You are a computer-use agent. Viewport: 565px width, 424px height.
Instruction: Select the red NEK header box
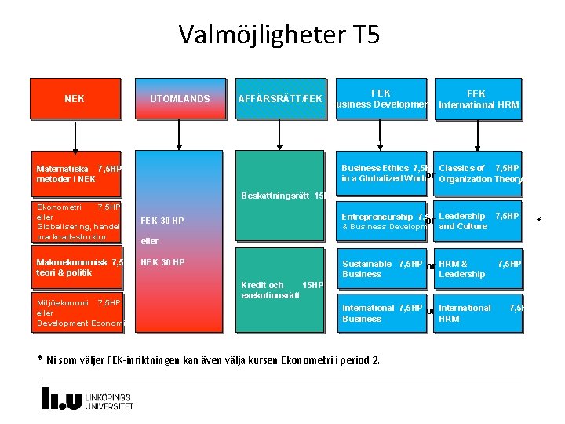75,99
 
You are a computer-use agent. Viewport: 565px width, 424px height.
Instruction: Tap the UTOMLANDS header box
180,99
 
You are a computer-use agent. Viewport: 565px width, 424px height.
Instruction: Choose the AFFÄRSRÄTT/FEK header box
280,99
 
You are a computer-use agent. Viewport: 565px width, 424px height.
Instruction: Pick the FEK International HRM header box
479,99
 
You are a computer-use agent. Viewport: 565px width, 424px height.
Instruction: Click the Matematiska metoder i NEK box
78,174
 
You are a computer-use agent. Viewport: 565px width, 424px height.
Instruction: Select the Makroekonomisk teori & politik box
78,267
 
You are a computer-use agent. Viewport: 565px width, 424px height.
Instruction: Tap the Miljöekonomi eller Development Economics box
78,313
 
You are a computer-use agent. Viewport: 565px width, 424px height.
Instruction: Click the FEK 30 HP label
162,221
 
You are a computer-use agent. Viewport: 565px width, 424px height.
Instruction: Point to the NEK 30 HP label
162,262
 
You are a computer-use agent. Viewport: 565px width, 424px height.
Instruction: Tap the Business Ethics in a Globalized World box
384,174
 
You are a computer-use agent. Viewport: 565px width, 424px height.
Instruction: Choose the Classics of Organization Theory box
479,174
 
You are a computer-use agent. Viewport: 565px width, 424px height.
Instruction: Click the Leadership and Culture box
479,221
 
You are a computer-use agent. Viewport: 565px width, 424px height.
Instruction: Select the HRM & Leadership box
479,269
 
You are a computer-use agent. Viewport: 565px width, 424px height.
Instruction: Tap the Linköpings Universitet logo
87,398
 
